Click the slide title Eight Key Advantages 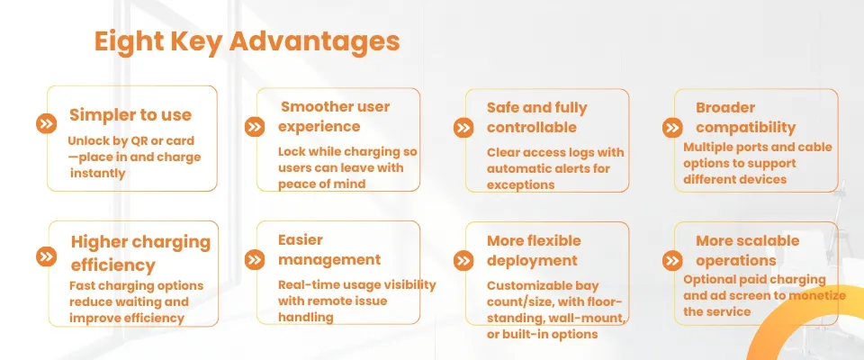pos(247,42)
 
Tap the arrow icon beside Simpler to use pos(46,123)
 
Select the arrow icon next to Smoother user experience pos(255,127)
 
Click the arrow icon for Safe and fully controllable pos(463,128)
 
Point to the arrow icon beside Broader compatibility pos(672,128)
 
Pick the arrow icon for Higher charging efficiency pos(46,256)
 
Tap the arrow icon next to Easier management pos(255,260)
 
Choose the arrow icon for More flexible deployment pos(463,260)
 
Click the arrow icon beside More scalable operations pos(672,260)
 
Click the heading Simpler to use pos(130,115)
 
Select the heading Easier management pos(329,249)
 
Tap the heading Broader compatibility pos(745,117)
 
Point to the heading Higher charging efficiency pos(140,253)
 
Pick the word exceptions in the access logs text pos(521,184)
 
